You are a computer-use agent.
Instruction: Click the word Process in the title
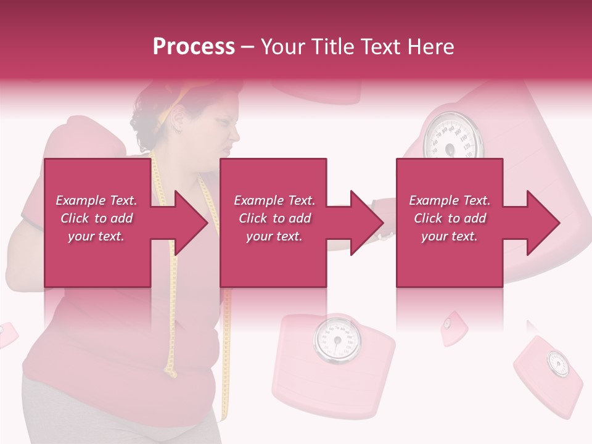194,47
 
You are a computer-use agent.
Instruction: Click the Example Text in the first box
96,200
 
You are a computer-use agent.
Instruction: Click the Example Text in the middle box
274,200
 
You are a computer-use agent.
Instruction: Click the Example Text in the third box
450,200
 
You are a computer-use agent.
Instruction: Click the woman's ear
177,117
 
